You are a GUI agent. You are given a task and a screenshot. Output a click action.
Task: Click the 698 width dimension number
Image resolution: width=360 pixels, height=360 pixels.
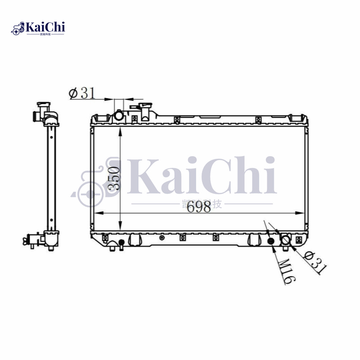(x=199, y=207)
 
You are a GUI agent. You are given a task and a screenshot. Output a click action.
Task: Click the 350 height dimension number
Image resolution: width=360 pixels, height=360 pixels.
(x=114, y=178)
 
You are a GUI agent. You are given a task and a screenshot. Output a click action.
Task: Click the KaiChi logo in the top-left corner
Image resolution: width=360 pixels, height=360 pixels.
(x=38, y=28)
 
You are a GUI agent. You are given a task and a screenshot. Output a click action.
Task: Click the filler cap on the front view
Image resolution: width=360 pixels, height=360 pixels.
(x=145, y=110)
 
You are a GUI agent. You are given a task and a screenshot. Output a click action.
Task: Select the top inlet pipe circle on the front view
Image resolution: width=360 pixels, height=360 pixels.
(x=119, y=116)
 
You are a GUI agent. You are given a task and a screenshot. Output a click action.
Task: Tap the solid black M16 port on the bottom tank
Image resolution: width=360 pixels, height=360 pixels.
(x=271, y=242)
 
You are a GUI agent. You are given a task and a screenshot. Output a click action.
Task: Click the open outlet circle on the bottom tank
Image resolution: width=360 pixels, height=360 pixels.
(x=286, y=240)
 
